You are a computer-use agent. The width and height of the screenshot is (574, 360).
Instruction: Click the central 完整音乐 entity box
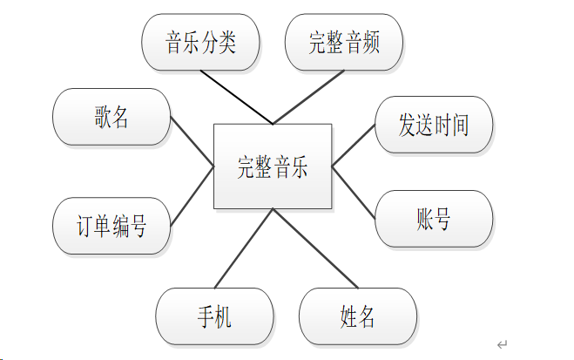click(273, 166)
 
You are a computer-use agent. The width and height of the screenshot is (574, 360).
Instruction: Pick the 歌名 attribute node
click(111, 117)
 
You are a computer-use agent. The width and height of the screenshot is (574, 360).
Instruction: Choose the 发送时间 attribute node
click(434, 125)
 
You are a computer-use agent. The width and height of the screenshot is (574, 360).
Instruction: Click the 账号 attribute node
click(434, 219)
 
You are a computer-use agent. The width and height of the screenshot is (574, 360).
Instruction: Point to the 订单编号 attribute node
click(111, 227)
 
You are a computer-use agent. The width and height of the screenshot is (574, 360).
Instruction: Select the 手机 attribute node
click(214, 316)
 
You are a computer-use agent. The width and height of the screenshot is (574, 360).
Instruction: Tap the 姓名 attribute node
click(358, 316)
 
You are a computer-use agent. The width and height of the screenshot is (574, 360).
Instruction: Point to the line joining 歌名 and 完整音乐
click(192, 141)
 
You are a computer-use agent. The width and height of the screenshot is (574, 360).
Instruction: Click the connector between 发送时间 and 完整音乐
click(354, 144)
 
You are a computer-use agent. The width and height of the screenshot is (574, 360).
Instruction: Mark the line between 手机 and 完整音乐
click(244, 248)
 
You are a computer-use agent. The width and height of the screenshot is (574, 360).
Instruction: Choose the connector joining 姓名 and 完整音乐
click(314, 248)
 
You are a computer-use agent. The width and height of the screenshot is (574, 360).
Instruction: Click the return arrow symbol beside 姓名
click(502, 344)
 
